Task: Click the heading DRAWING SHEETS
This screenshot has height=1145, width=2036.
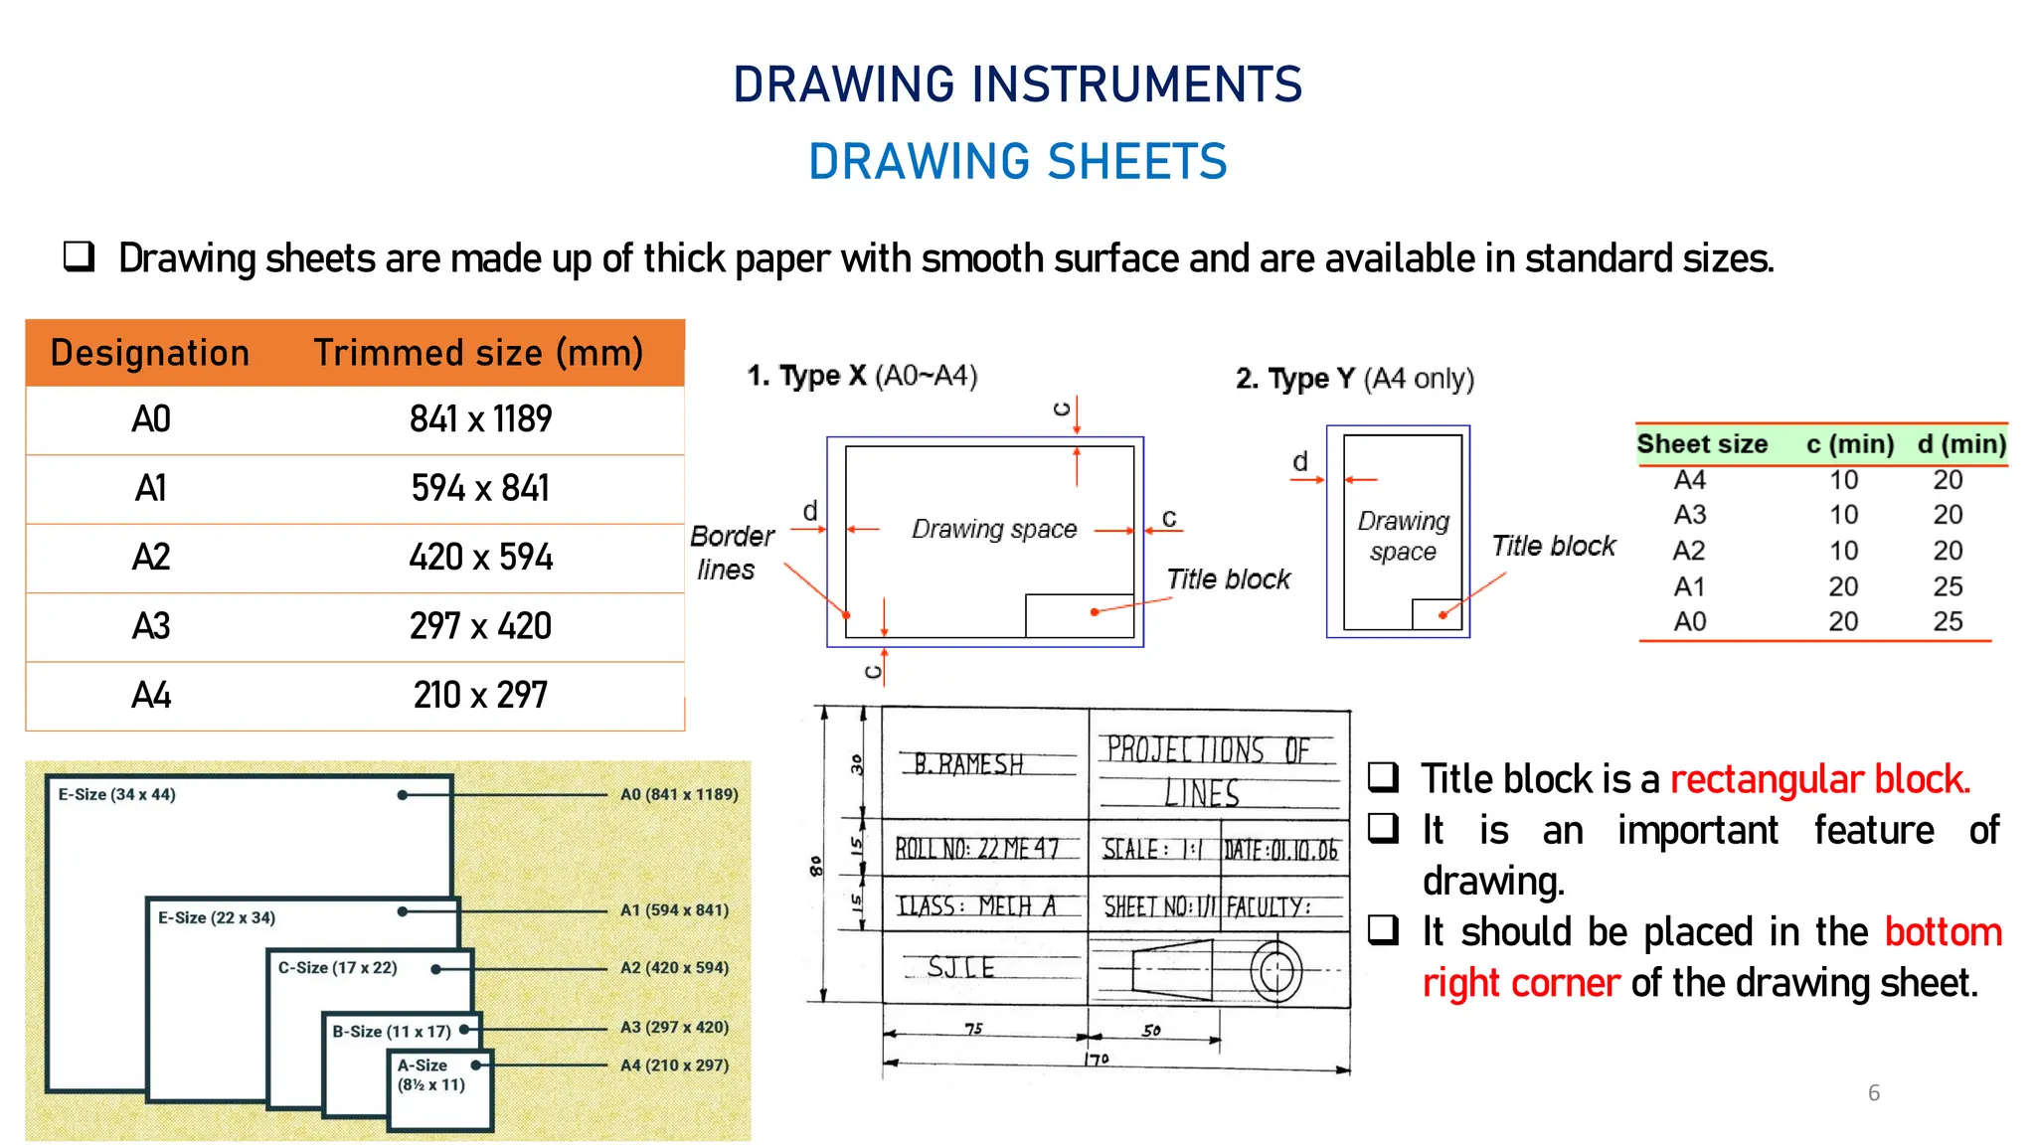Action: [1017, 162]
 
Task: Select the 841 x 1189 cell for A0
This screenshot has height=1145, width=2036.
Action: [480, 419]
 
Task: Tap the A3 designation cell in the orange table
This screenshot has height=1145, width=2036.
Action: [151, 626]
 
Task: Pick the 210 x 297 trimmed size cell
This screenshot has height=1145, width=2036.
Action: [480, 695]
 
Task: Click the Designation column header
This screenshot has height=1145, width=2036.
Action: [150, 353]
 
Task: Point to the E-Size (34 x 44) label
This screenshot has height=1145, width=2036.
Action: [116, 794]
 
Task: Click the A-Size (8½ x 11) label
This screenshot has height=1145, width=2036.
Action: [430, 1074]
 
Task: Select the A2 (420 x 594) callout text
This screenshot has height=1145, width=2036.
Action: [674, 967]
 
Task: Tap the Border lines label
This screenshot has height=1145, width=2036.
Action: [731, 553]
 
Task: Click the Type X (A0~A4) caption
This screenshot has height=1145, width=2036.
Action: [862, 376]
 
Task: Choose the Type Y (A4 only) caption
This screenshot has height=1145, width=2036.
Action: [1354, 379]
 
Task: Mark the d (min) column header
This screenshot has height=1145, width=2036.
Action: [1961, 444]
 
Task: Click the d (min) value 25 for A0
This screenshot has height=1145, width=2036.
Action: [1948, 621]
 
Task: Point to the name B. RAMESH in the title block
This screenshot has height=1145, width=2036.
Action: [967, 763]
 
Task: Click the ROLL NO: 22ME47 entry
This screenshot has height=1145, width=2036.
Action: [976, 849]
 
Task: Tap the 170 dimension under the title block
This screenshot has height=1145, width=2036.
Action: [1096, 1060]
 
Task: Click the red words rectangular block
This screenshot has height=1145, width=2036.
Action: [1819, 779]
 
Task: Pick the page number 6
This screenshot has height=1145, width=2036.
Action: [1874, 1092]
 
